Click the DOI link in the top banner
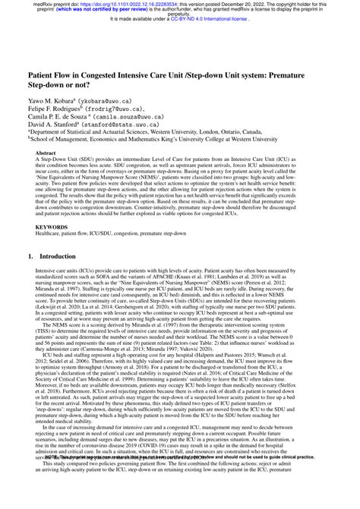[x=139, y=3]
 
